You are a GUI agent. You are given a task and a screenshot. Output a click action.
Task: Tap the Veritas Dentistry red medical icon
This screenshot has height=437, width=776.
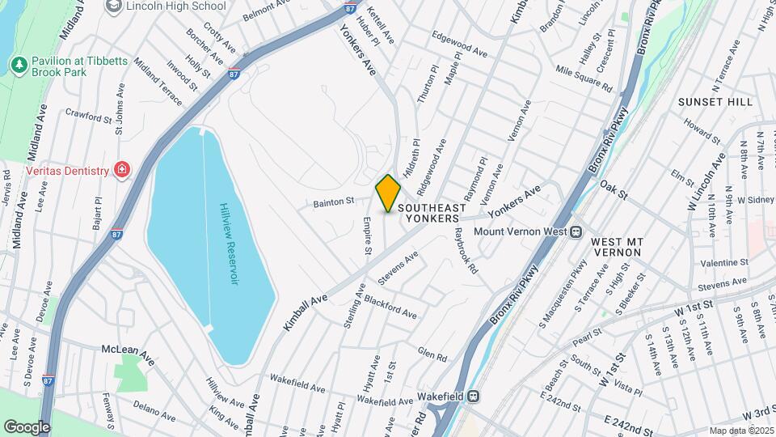coord(122,170)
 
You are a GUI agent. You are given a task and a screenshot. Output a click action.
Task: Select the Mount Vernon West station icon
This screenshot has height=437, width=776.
coord(576,231)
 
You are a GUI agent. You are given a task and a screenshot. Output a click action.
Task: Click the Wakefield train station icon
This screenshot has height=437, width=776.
coord(475,397)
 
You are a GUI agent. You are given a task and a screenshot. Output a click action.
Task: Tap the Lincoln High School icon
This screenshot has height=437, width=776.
coord(114,6)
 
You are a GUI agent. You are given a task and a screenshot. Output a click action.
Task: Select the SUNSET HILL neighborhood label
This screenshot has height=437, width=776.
coord(715,102)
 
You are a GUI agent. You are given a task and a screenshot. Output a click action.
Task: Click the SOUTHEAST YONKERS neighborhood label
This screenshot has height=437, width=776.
coord(432,213)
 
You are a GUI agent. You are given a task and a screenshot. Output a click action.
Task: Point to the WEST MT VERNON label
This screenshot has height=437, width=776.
coord(616,247)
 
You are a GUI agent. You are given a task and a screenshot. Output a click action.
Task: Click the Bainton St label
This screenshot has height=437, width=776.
coord(335,201)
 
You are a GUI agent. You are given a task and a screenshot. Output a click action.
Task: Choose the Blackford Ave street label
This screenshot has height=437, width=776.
coord(390,307)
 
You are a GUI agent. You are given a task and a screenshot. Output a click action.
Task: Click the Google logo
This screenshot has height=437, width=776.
coord(27,426)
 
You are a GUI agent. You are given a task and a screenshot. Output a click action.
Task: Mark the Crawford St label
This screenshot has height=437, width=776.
coord(88,117)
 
